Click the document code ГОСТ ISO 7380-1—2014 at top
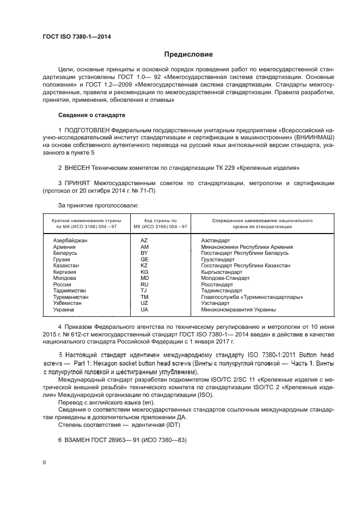point(81,36)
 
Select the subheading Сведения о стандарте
point(91,115)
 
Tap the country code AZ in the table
point(144,240)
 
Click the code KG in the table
point(144,272)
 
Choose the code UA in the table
point(144,310)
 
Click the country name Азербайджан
point(70,240)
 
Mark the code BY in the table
point(144,253)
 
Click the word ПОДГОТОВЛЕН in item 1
point(87,131)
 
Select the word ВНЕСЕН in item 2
point(80,168)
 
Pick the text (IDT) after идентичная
point(175,424)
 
